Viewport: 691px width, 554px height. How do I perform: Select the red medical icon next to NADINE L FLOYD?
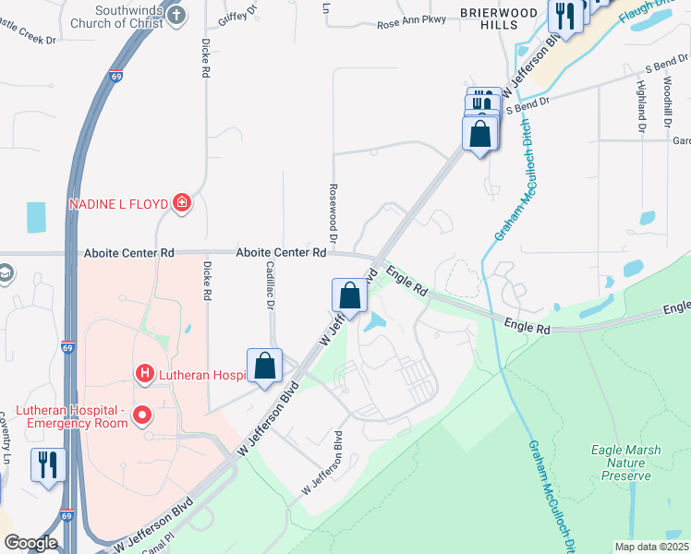coord(182,203)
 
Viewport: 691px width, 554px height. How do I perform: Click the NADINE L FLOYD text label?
coord(117,203)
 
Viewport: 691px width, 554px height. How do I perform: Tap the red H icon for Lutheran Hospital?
coord(144,374)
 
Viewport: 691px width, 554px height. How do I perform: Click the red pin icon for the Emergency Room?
coord(141,415)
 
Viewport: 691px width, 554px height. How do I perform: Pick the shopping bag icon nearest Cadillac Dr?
coord(264,364)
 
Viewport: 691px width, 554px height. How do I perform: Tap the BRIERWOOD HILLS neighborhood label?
coord(494,18)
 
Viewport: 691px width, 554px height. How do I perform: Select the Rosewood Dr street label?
coord(330,207)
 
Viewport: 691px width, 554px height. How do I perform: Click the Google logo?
coord(30,543)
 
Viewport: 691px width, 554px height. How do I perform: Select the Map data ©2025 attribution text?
coord(650,547)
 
